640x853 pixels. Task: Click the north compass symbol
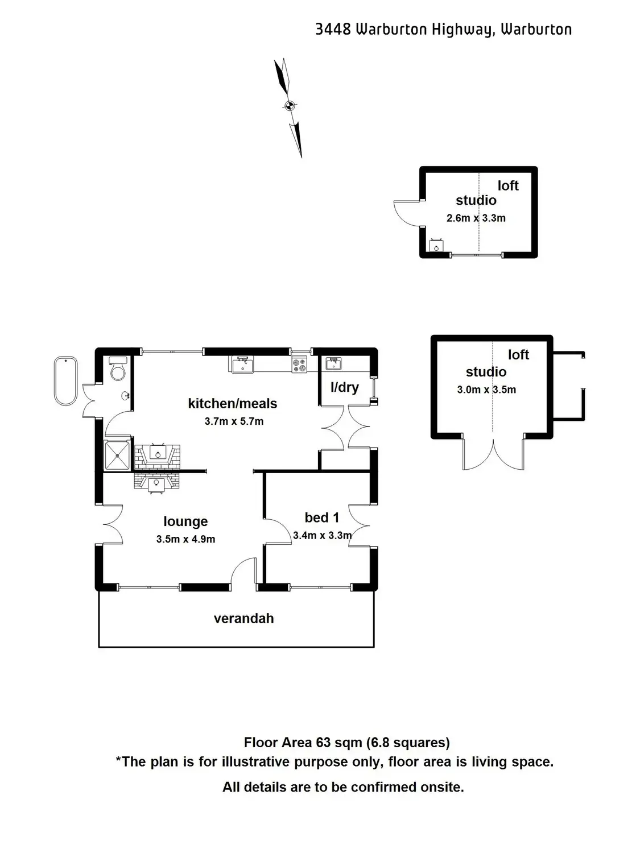289,106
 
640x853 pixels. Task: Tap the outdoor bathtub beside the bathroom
66,380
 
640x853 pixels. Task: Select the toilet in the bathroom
118,368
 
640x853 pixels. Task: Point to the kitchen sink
242,363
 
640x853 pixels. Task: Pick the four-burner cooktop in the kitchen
299,364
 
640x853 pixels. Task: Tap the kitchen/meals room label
233,404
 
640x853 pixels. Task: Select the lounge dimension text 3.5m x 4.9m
185,539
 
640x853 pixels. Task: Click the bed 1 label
322,517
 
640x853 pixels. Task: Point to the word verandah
243,619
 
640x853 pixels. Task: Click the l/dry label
345,387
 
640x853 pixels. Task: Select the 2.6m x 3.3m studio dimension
476,218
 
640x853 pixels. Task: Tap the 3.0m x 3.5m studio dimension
486,390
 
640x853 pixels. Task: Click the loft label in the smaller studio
508,185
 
